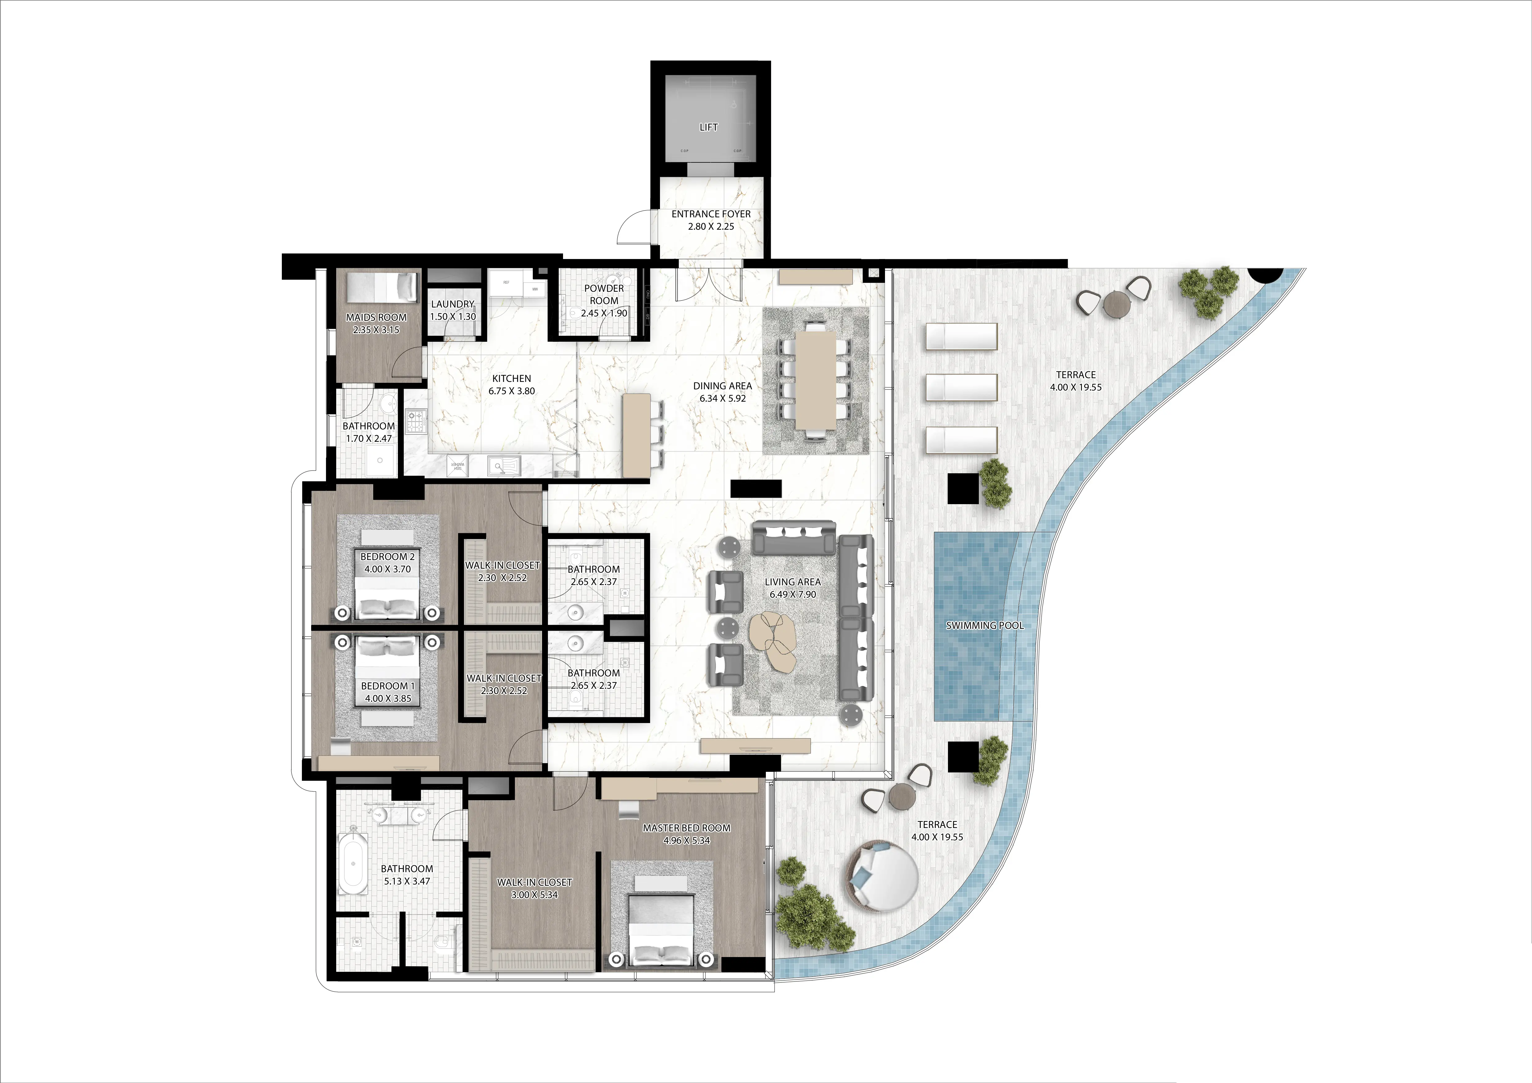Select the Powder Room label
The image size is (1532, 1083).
tap(604, 294)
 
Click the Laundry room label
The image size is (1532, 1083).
tap(453, 304)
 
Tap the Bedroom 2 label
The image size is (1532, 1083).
tap(387, 557)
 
